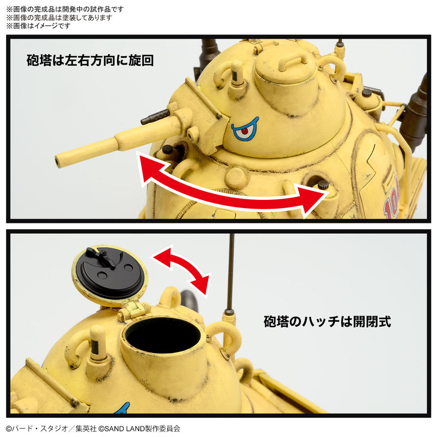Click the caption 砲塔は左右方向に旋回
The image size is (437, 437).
pyautogui.click(x=90, y=61)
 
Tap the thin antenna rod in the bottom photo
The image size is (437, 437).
pyautogui.click(x=232, y=273)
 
